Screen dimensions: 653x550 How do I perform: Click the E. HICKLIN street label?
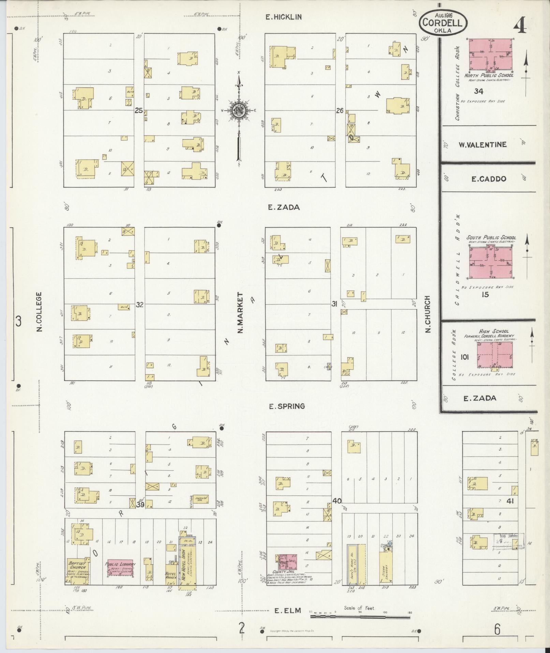click(x=284, y=17)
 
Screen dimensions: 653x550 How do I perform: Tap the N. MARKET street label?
click(x=240, y=313)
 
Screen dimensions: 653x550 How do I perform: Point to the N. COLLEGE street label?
click(x=39, y=311)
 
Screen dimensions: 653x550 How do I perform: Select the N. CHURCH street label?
click(x=428, y=314)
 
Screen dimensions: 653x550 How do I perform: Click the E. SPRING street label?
click(x=286, y=406)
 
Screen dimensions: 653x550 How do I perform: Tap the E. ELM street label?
click(x=288, y=610)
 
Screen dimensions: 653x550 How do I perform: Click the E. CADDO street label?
click(x=489, y=179)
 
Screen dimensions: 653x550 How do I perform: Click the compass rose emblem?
click(x=239, y=110)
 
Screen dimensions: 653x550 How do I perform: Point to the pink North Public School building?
click(x=490, y=55)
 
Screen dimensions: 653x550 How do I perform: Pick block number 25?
click(x=138, y=111)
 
